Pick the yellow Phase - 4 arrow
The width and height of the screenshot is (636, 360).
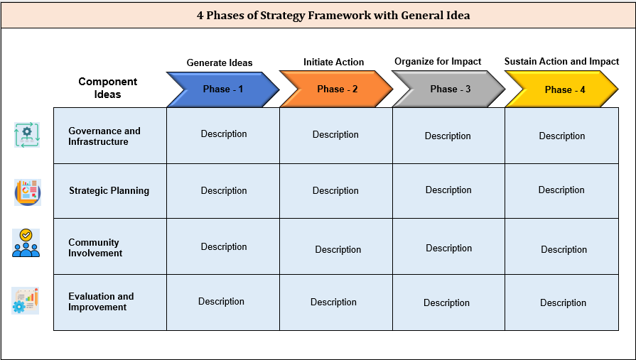pos(562,89)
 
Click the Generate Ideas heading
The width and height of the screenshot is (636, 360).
pos(220,62)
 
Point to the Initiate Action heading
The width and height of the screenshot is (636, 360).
pos(333,62)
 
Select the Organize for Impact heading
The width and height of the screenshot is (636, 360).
pos(438,62)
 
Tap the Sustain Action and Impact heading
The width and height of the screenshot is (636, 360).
pos(561,62)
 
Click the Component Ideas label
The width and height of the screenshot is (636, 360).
pos(108,88)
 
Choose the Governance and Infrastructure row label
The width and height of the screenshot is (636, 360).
pos(104,136)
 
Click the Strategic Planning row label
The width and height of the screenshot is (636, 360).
pos(109,190)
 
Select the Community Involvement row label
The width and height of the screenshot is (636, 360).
pos(95,248)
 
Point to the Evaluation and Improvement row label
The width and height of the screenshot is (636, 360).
pos(101,302)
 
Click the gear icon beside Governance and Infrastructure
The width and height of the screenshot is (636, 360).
pos(27,135)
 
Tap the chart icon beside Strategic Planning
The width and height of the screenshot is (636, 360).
pos(27,192)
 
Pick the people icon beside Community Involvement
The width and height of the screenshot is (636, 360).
pos(26,244)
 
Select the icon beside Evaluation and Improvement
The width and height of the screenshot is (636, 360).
pos(26,300)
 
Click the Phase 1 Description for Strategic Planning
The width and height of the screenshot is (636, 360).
pos(224,190)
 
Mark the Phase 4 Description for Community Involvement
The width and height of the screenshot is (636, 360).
pos(564,249)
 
